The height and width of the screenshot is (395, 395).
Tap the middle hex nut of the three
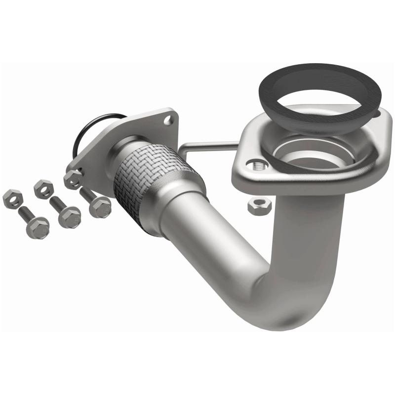pos(43,189)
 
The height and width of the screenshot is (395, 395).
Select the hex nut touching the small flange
pos(73,179)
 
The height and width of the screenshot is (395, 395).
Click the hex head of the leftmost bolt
pos(38,228)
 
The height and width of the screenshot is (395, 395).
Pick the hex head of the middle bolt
pos(69,217)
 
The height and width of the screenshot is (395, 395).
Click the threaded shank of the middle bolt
pos(56,203)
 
